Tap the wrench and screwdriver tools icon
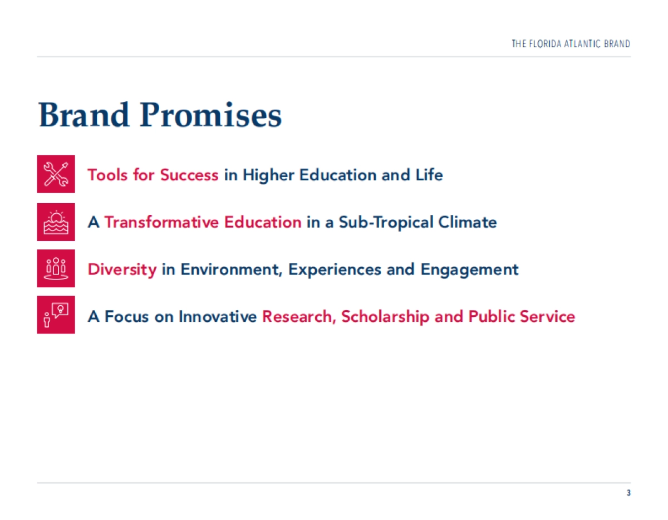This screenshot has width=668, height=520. click(x=56, y=174)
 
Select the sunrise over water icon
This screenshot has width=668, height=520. click(x=56, y=222)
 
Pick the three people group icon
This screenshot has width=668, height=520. click(x=56, y=268)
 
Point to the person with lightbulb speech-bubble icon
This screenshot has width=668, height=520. click(x=56, y=315)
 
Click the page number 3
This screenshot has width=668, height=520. click(x=628, y=493)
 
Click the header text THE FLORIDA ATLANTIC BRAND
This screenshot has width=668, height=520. click(x=571, y=44)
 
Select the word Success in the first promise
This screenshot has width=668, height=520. click(x=189, y=175)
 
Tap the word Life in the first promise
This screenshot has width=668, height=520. click(x=429, y=175)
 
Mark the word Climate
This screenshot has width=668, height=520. click(x=468, y=222)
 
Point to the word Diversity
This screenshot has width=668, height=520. click(x=122, y=269)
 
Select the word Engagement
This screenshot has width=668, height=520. click(x=469, y=270)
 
